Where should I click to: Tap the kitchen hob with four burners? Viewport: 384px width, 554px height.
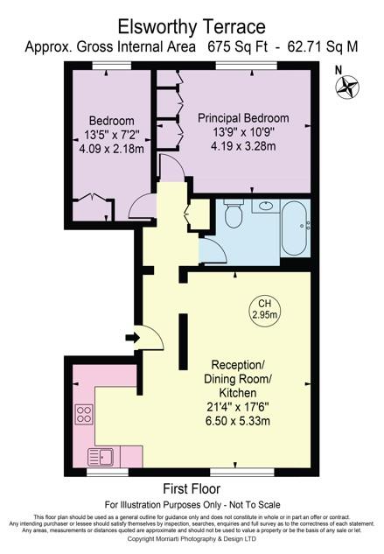pos(85,414)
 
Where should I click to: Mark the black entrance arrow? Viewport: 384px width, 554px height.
pos(132,337)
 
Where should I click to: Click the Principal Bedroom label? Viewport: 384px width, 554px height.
pos(243,117)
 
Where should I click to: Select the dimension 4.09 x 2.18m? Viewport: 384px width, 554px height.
pos(110,149)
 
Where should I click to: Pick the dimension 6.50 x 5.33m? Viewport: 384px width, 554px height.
pos(237,420)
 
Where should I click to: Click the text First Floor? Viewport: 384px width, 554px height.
pos(191,488)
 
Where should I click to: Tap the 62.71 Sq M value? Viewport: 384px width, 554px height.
pos(324,46)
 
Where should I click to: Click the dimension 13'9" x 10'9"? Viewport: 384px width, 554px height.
pos(242,132)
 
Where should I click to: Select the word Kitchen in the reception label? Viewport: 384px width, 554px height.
pos(238,392)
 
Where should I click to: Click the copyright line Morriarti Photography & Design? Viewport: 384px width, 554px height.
pos(192,540)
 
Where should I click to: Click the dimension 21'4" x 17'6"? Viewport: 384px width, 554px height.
pos(237,406)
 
